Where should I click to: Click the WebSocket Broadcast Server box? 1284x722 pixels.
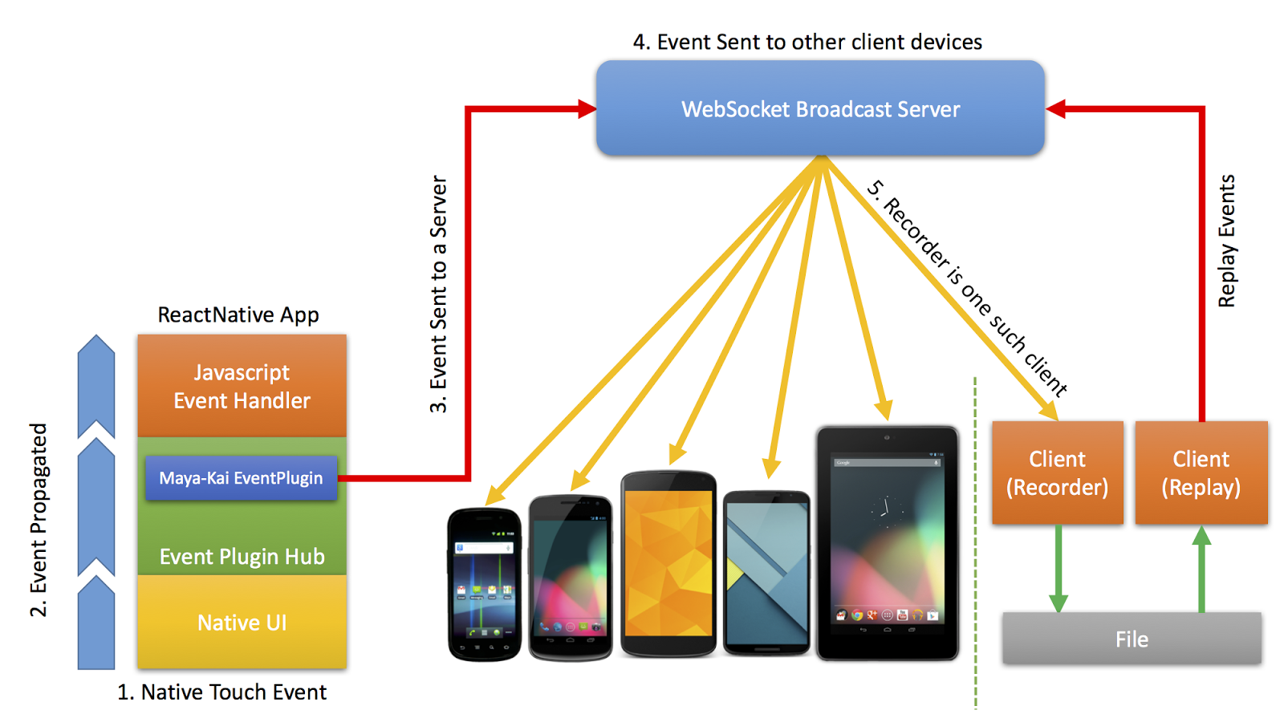(x=820, y=107)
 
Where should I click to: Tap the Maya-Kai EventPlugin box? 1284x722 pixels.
(x=242, y=478)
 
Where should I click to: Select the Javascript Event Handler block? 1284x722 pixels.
(x=242, y=386)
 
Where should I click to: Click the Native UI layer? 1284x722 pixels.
(x=242, y=623)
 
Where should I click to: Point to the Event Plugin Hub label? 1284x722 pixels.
(x=242, y=557)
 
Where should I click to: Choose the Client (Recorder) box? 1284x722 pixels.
(x=1058, y=473)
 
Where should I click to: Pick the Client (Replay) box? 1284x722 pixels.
(x=1201, y=473)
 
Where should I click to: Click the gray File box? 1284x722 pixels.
(x=1132, y=639)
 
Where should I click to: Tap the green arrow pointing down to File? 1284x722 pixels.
(x=1058, y=569)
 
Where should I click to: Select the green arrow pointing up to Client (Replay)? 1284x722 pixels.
(x=1201, y=569)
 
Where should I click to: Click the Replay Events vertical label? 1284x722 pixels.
(x=1227, y=241)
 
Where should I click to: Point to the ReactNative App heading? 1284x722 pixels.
(x=238, y=315)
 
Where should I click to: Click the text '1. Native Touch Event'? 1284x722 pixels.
(x=221, y=692)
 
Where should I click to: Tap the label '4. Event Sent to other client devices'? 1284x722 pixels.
(x=807, y=42)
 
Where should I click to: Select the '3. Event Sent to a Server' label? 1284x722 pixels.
(x=438, y=294)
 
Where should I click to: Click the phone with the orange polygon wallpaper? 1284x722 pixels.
(x=668, y=564)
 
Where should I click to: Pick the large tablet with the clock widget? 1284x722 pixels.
(x=888, y=543)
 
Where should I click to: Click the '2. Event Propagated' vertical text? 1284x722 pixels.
(x=39, y=521)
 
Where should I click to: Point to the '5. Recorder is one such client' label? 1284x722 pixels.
(x=967, y=288)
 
